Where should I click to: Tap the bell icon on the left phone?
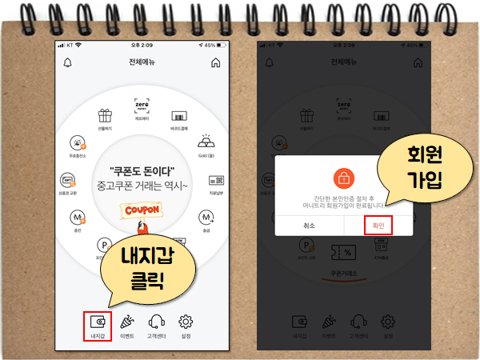click(68, 62)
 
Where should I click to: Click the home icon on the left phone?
click(215, 62)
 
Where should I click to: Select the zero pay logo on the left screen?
click(142, 106)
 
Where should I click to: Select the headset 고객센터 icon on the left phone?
click(156, 322)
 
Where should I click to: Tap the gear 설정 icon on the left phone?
click(186, 322)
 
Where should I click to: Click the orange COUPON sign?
click(142, 210)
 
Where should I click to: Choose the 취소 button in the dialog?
click(310, 225)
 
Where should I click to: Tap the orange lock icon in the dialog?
click(344, 177)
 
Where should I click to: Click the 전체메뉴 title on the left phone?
click(142, 62)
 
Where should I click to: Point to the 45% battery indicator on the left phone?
click(209, 45)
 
